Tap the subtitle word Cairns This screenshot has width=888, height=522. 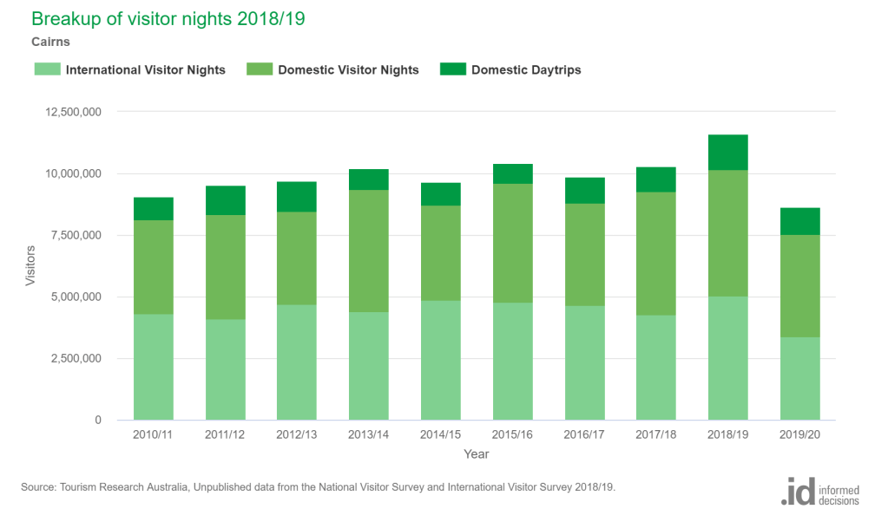click(x=50, y=41)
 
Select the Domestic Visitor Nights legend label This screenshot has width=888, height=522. click(x=348, y=70)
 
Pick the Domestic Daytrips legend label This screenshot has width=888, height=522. click(x=526, y=70)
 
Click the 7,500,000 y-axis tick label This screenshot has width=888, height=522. click(x=72, y=236)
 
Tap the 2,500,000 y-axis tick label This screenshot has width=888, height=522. click(x=72, y=359)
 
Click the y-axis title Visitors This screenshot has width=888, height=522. click(x=30, y=266)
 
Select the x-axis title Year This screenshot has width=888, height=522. click(x=476, y=453)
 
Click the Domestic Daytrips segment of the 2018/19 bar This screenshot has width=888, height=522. click(x=727, y=153)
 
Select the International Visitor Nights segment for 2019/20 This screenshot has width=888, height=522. click(x=799, y=378)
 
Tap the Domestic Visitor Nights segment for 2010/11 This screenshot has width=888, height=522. click(x=153, y=267)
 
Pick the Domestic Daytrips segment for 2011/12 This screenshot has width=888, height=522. click(x=225, y=200)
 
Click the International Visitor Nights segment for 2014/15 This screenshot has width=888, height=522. click(x=440, y=360)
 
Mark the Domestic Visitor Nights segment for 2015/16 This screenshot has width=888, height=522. click(x=512, y=243)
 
